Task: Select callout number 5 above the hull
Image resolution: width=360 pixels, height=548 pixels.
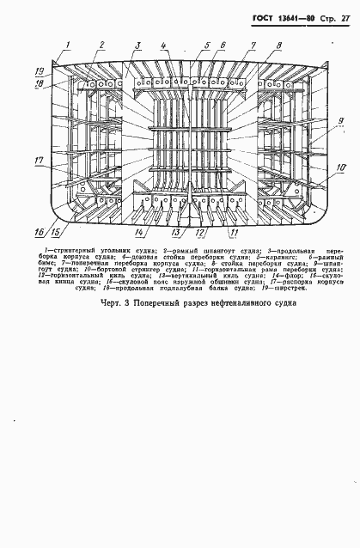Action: tap(207, 45)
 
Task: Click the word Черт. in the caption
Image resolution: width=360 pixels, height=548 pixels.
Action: tap(112, 302)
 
